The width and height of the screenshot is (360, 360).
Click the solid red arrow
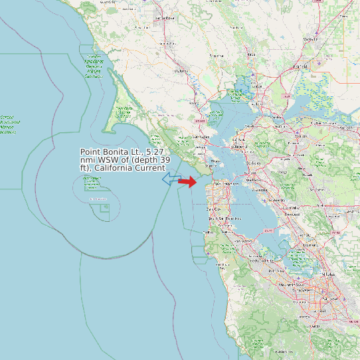click(x=188, y=181)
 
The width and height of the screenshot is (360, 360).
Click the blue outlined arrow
click(x=171, y=178)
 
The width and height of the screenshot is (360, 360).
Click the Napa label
click(x=251, y=53)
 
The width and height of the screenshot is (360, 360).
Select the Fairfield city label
click(x=300, y=66)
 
